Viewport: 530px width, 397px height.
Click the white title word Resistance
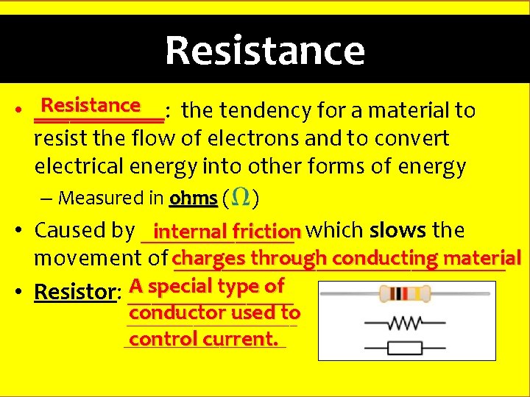click(x=265, y=51)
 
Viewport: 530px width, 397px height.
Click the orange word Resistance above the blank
click(x=91, y=105)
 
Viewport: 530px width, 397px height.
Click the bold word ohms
click(x=193, y=198)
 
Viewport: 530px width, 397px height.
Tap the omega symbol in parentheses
click(x=240, y=197)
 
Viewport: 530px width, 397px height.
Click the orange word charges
click(x=210, y=258)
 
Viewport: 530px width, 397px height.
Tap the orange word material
click(x=482, y=258)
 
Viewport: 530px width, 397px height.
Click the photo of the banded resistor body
click(x=405, y=294)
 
